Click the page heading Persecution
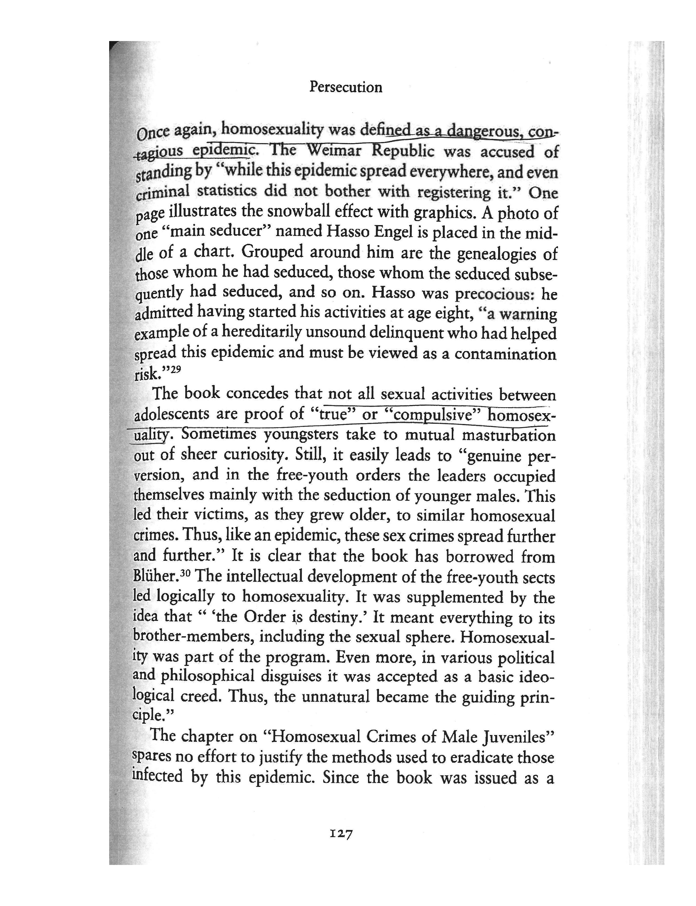tap(346, 87)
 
